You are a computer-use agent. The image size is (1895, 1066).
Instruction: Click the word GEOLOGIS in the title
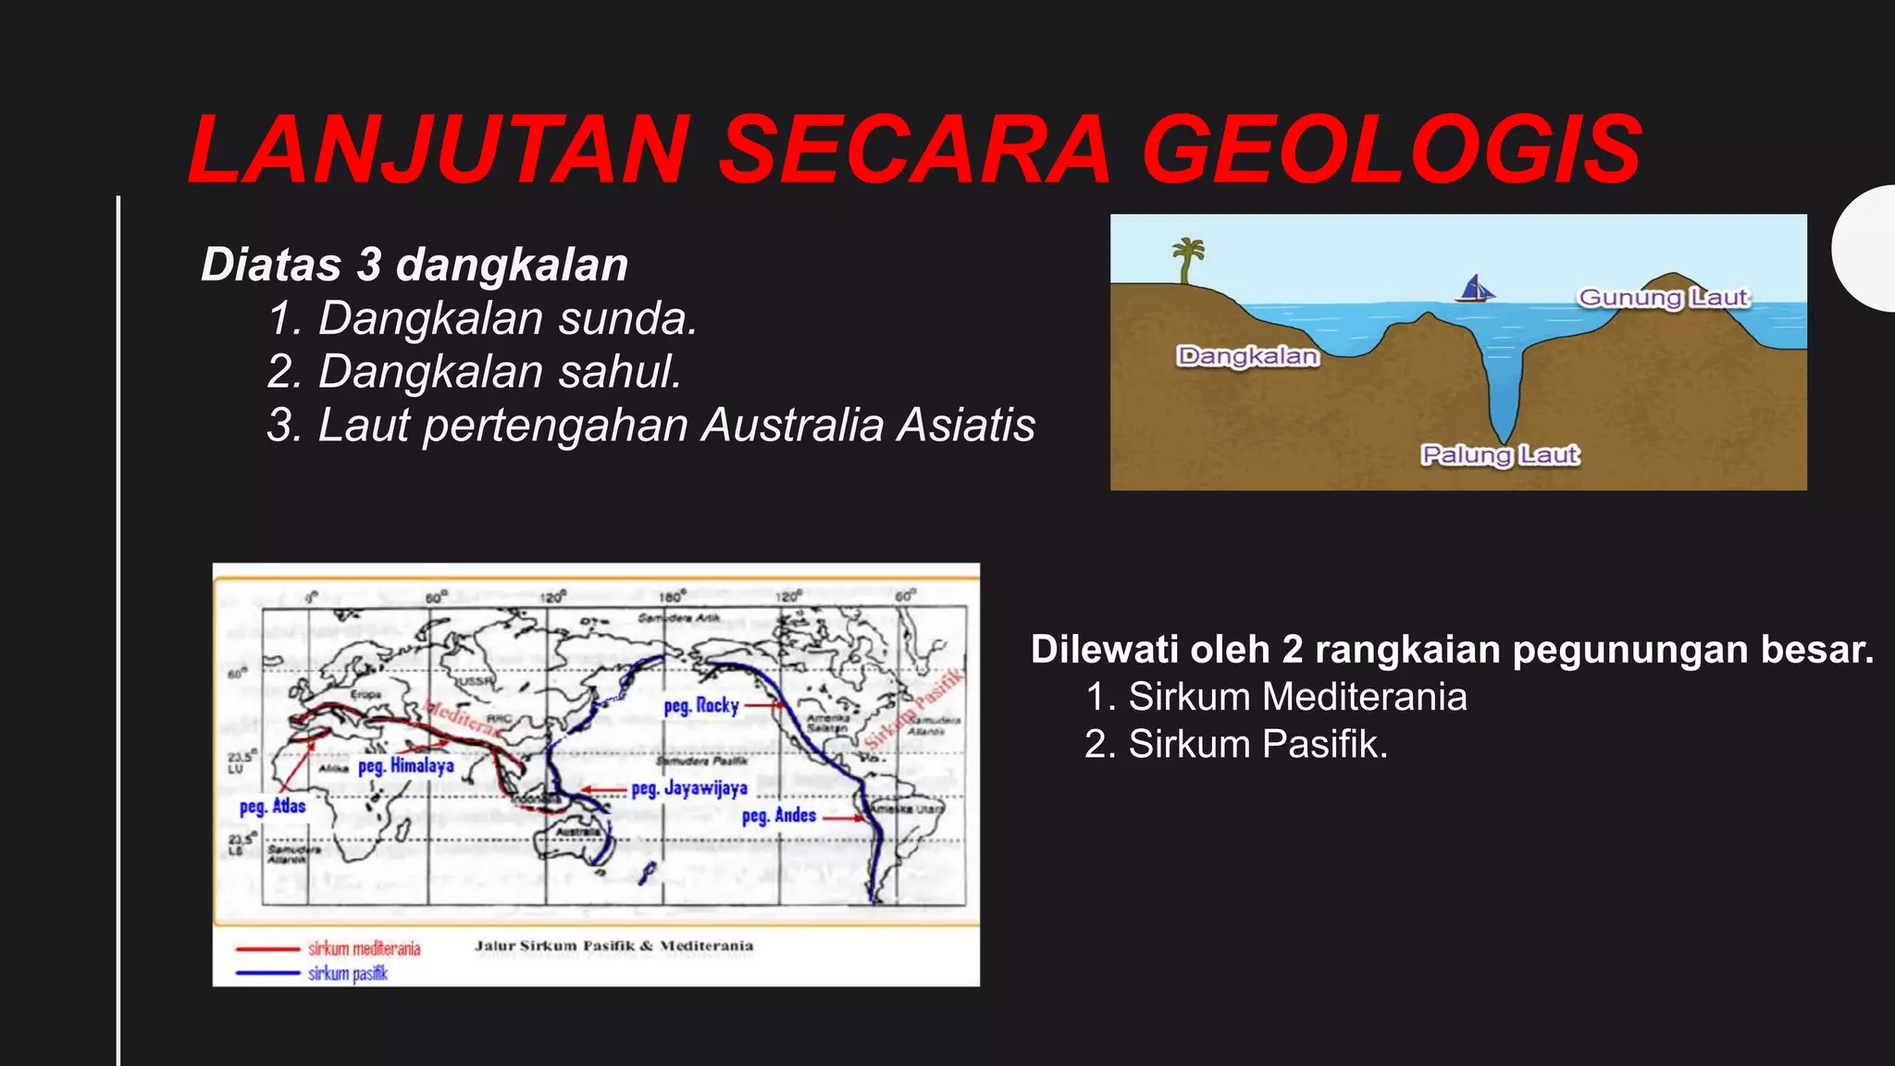(1392, 150)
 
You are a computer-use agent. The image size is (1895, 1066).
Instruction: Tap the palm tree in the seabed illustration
(1186, 260)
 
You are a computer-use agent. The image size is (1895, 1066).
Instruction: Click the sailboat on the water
(1475, 289)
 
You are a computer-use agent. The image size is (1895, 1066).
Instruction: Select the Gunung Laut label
(1663, 298)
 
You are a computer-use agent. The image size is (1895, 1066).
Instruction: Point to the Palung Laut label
(1500, 455)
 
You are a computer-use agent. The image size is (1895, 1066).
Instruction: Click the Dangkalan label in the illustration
(1247, 356)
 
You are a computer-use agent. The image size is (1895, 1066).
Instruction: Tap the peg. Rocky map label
(701, 706)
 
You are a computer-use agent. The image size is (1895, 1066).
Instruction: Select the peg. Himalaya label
(406, 766)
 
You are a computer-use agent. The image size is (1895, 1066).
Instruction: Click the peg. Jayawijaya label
(689, 788)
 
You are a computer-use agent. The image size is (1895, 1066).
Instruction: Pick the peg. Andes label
(779, 816)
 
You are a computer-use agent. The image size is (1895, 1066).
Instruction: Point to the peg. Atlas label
(272, 806)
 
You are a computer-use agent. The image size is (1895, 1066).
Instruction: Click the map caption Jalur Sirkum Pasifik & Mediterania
(613, 946)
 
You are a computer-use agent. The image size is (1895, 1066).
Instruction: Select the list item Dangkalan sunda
(482, 318)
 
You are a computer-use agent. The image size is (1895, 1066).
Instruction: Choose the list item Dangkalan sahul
(474, 372)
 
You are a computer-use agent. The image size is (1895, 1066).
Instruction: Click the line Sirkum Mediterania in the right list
(1277, 697)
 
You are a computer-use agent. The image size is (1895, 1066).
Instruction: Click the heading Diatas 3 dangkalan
(415, 265)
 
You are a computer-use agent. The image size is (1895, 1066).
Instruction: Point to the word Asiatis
(966, 426)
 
